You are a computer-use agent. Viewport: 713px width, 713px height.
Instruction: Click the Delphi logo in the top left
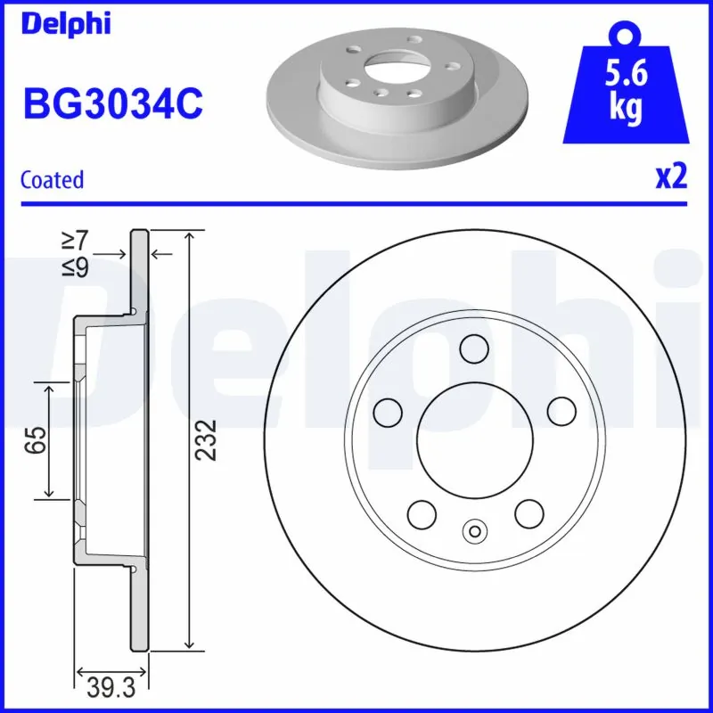tap(65, 23)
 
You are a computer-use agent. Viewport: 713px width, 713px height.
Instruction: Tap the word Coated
tap(52, 180)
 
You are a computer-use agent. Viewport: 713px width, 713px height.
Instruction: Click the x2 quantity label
tap(672, 177)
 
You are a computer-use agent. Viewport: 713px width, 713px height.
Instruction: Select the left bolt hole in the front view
tap(387, 411)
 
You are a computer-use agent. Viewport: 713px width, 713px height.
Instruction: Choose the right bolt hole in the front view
tap(561, 411)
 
